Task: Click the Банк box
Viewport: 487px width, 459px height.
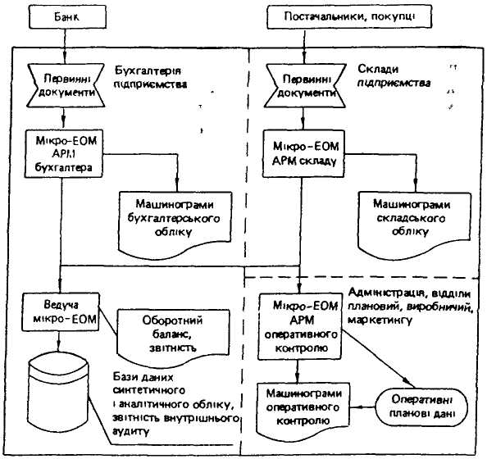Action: click(68, 16)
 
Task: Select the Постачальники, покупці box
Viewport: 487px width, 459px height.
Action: click(349, 16)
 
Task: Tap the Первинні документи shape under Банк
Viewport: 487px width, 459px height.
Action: click(66, 86)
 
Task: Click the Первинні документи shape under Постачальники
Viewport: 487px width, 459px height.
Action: click(305, 86)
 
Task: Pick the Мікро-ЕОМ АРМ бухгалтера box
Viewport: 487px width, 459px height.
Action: click(64, 154)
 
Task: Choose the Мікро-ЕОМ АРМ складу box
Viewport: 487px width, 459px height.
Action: click(303, 154)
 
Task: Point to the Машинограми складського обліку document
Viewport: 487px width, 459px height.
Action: click(414, 225)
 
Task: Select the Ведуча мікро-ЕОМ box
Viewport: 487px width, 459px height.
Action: click(61, 311)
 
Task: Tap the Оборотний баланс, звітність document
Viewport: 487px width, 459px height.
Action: click(173, 337)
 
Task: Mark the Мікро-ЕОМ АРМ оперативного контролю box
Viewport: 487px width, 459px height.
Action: click(300, 326)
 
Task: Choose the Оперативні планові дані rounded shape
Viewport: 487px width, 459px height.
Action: click(421, 407)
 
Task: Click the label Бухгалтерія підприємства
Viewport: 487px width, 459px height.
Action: click(150, 78)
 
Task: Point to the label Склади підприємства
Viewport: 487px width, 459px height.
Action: click(394, 75)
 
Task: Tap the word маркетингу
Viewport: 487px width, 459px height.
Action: click(380, 320)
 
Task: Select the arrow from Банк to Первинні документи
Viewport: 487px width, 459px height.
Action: click(65, 46)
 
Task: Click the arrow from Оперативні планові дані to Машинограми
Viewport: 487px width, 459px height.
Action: click(362, 407)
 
